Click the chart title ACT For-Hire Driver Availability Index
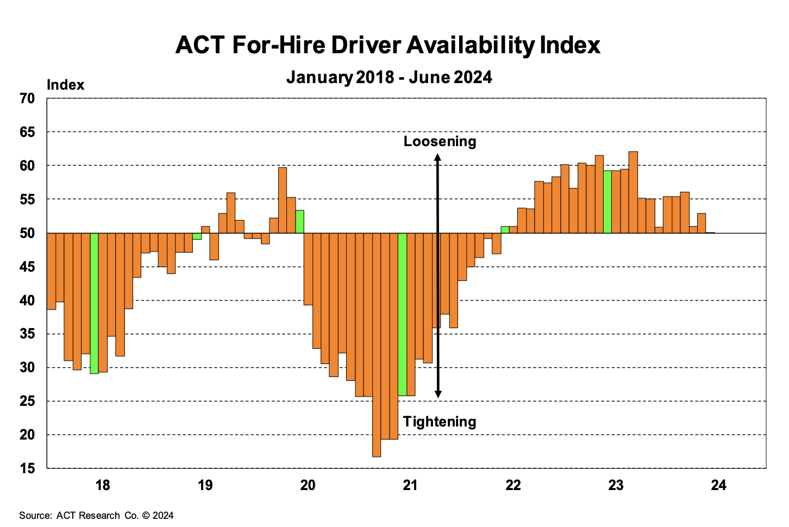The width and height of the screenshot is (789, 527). [388, 45]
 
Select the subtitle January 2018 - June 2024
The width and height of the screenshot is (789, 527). [389, 77]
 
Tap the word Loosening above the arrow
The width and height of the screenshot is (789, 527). [440, 141]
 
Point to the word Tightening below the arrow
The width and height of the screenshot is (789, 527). [440, 422]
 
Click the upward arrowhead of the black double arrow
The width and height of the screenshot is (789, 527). [437, 158]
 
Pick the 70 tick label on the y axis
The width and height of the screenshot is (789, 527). [28, 98]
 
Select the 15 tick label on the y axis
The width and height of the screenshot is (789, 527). [28, 468]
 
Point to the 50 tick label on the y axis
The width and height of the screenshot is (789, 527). [28, 233]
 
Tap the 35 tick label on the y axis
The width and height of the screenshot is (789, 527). [28, 334]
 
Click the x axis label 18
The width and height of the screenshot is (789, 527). [103, 485]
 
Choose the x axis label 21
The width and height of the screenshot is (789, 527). [410, 485]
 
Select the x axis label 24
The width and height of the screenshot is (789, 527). [718, 485]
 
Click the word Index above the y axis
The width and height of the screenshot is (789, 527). [66, 85]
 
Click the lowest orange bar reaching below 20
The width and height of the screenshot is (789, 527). [377, 344]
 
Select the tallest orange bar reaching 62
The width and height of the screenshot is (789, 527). [633, 192]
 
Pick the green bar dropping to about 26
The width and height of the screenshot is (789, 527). [402, 314]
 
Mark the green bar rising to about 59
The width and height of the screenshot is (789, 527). [608, 202]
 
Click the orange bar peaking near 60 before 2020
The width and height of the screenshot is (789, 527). [283, 200]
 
